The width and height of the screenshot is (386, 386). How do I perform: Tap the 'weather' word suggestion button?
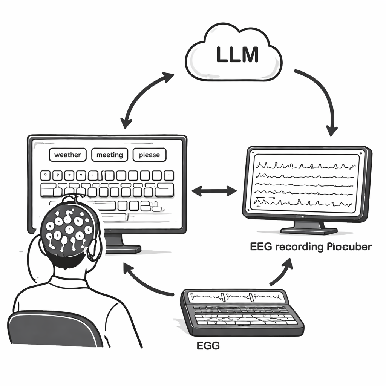point(67,155)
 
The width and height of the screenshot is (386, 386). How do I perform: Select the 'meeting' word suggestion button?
point(109,155)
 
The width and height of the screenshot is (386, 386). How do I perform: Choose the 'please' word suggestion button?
point(149,155)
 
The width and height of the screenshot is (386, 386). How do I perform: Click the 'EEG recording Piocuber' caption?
point(311,247)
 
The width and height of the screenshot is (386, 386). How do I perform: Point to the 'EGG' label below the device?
point(208,346)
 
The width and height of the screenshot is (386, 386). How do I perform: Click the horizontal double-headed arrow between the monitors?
point(214,191)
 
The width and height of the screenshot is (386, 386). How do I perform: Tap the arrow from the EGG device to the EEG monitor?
point(283,271)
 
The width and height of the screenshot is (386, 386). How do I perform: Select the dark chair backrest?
point(53,330)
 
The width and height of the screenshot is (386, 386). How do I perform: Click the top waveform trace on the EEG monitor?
point(305,165)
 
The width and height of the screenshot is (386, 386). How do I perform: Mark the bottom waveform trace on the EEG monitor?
point(305,202)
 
